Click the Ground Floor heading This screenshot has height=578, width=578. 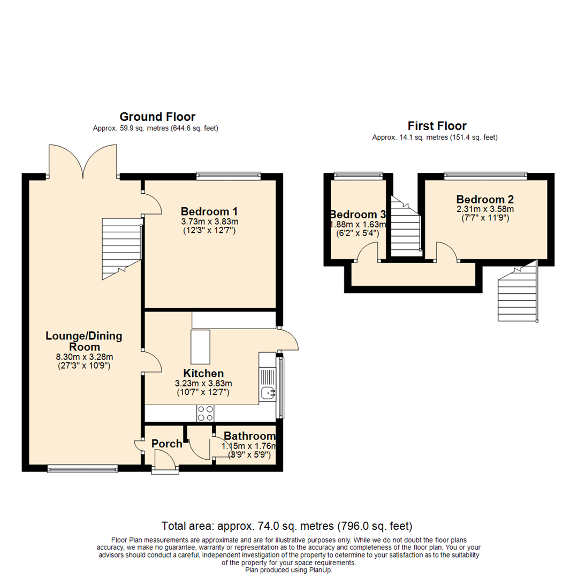(157, 117)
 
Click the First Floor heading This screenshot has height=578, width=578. (437, 126)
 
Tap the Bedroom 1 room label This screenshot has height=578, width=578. (209, 211)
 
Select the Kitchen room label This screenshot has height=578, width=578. (203, 373)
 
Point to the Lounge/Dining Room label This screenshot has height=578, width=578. (84, 342)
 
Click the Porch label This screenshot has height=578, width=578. (166, 444)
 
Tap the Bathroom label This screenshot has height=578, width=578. (249, 436)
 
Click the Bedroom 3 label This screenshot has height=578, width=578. (358, 215)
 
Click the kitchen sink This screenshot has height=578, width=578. (268, 393)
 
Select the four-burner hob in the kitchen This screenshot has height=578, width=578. (206, 413)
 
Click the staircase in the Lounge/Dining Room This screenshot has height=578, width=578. (121, 249)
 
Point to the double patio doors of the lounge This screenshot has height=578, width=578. (83, 161)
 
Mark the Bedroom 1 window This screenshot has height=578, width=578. (228, 174)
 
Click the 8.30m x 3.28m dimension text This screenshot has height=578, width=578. (84, 357)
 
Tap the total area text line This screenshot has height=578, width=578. (287, 525)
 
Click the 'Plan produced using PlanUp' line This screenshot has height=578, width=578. (289, 570)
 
